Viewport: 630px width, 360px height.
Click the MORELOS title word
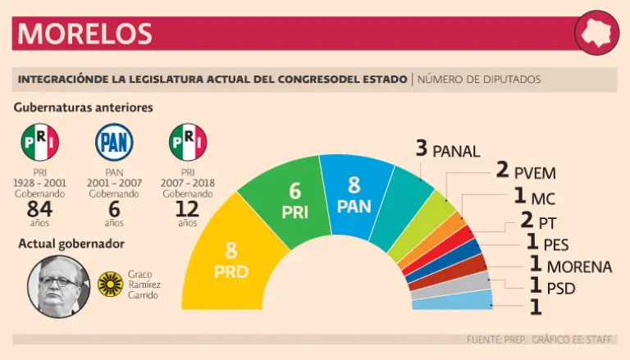point(85,34)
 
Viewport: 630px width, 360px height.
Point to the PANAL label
point(455,150)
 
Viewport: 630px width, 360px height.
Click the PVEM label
point(536,173)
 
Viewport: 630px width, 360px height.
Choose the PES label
point(555,244)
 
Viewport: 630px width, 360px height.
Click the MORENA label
point(579,267)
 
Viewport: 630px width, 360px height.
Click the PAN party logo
point(114,143)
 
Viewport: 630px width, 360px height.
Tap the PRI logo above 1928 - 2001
point(39,143)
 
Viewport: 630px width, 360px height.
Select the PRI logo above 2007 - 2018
point(188,143)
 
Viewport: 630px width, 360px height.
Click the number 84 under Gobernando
point(39,210)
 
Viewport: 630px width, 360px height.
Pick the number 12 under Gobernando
point(188,210)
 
